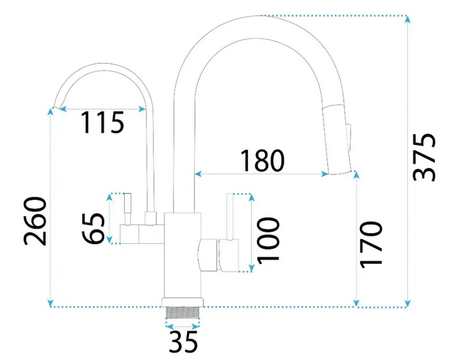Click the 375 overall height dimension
coord(424,157)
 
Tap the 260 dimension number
coord(36,220)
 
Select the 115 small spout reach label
coord(103,124)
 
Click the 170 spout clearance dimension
coord(372,244)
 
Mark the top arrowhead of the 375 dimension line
coord(408,18)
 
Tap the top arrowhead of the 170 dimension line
coord(357,174)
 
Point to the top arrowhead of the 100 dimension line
coord(250,197)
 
